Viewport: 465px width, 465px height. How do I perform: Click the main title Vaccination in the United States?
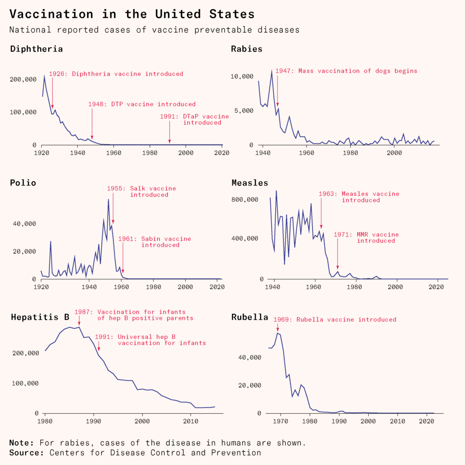132,14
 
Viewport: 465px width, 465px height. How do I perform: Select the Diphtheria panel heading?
36,49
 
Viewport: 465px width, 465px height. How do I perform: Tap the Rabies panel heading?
247,49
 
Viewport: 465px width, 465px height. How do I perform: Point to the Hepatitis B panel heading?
40,317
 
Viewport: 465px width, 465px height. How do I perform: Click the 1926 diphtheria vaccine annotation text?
116,74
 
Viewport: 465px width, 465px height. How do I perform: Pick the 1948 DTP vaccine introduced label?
142,104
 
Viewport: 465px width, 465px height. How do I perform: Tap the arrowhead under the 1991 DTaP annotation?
169,141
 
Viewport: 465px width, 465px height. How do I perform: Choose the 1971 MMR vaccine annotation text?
366,237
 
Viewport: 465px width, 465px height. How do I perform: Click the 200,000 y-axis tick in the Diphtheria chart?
23,79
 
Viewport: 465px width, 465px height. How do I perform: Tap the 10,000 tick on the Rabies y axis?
241,76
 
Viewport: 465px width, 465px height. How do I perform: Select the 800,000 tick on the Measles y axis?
245,199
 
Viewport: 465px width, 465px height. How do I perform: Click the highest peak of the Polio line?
109,199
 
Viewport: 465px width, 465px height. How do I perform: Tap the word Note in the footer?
21,443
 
